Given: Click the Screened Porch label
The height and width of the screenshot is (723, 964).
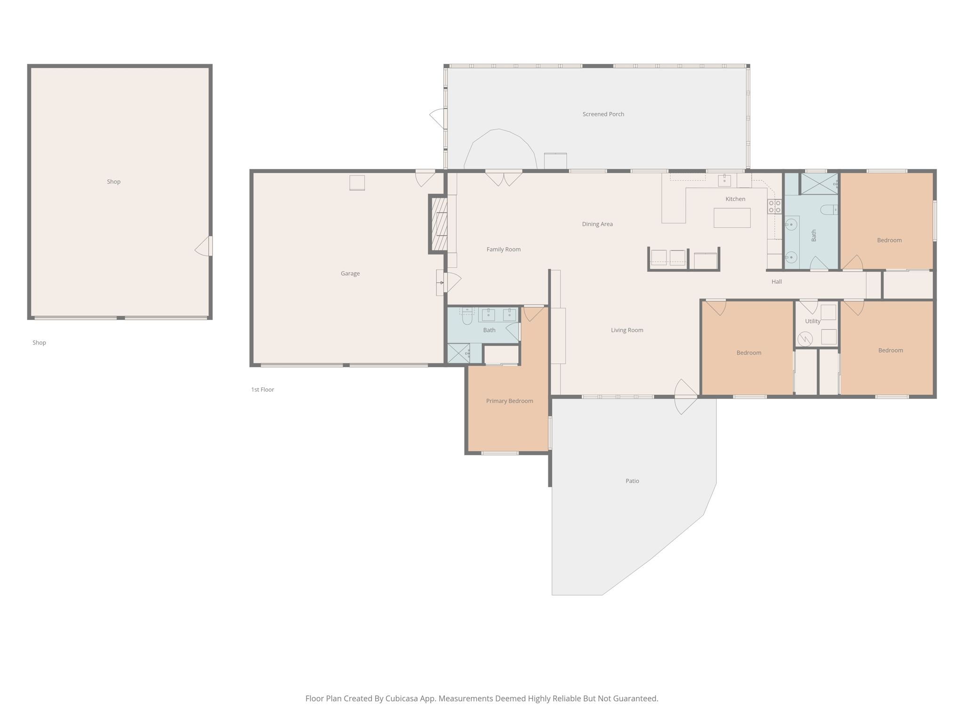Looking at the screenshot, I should click(603, 114).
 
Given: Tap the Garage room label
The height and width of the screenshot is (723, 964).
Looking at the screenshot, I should click(350, 273).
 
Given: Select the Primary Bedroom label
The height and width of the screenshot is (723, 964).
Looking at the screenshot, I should click(509, 401).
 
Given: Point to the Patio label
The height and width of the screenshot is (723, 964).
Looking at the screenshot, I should click(632, 481).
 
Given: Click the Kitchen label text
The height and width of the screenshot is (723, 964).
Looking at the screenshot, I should click(735, 199).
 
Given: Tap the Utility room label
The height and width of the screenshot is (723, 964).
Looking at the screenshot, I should click(812, 321).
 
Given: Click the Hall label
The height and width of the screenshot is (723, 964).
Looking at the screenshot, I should click(776, 281).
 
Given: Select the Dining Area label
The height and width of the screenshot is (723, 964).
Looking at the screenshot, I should click(597, 224).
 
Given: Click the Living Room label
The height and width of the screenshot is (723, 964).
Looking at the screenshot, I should click(627, 330).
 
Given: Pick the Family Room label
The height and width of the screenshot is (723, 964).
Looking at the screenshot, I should click(503, 249).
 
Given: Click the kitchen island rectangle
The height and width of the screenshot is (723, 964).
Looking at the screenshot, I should click(731, 218).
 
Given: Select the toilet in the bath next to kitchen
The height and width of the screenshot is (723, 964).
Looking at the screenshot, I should click(828, 210).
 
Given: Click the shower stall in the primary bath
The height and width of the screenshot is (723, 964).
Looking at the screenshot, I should click(458, 353).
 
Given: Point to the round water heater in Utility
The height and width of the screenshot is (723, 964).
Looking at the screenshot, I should click(805, 338).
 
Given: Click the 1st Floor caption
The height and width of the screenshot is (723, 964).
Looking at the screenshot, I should click(262, 390).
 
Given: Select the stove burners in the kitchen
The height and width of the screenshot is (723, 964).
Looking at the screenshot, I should click(774, 207).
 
